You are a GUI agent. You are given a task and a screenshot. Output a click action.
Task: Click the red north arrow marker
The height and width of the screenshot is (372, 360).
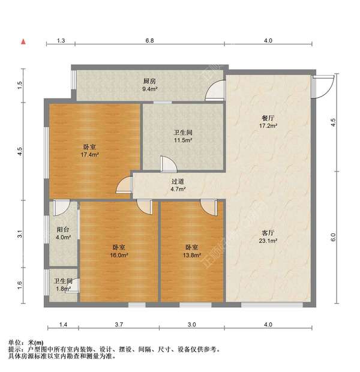[23, 41]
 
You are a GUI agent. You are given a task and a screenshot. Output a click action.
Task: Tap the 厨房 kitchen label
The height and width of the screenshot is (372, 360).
[149, 85]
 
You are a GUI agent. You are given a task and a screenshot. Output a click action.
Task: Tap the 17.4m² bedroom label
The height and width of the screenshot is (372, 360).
[91, 151]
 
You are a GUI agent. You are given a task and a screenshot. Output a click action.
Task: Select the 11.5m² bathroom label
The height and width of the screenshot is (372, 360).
[182, 136]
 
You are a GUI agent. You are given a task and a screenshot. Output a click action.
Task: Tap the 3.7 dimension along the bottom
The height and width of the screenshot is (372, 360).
[119, 325]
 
